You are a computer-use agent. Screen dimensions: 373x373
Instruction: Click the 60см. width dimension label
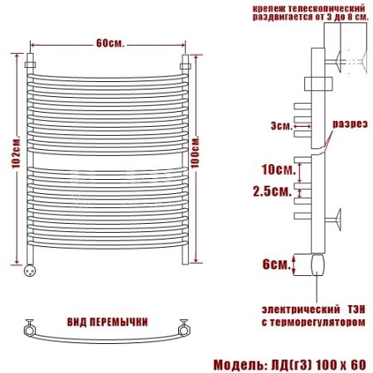110,43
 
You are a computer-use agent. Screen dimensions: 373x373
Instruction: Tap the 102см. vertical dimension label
16,152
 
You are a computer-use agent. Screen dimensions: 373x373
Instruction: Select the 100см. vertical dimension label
195,152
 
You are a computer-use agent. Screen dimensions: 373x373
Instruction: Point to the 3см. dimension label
281,126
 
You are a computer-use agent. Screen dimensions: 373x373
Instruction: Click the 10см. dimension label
279,169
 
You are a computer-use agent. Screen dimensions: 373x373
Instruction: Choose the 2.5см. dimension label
272,191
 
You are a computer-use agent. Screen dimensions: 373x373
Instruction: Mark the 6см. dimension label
277,264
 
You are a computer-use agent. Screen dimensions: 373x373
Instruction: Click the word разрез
350,124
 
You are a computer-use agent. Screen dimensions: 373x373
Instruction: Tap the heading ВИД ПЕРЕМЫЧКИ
108,322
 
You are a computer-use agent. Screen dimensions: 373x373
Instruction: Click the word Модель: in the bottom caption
239,365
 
